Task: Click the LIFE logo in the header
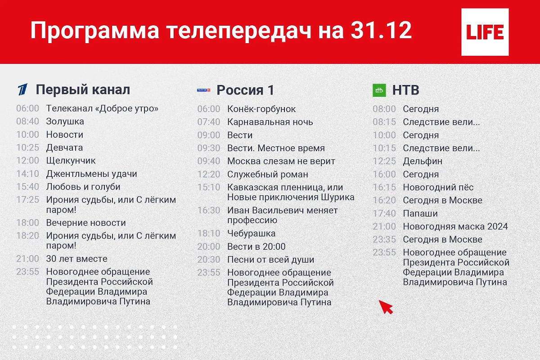click(x=485, y=32)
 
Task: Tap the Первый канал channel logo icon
click(x=22, y=90)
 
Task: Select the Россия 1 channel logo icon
click(x=203, y=90)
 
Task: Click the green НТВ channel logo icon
click(x=379, y=90)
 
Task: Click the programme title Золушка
click(x=65, y=121)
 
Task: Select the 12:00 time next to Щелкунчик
click(x=27, y=161)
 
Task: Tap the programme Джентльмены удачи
click(x=91, y=174)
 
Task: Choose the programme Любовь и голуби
click(x=83, y=187)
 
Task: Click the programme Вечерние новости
click(x=85, y=223)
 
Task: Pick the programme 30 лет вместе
click(x=76, y=259)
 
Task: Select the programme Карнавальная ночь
click(x=270, y=122)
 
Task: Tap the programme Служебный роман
click(x=267, y=174)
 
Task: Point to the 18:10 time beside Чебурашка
click(x=209, y=234)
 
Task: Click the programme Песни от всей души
click(x=270, y=260)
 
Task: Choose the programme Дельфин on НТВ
click(x=422, y=161)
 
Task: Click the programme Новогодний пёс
click(x=438, y=187)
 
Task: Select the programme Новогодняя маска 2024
click(x=455, y=226)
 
